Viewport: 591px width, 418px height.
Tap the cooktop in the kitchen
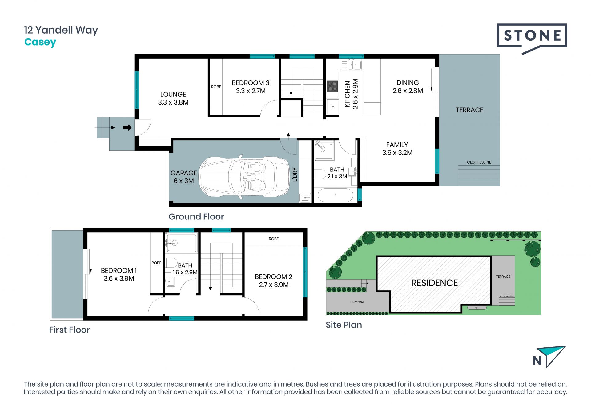click(332, 86)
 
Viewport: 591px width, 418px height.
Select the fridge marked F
click(332, 107)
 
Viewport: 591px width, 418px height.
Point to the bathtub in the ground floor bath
click(335, 195)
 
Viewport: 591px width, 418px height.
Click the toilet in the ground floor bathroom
click(320, 174)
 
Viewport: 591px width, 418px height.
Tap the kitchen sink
click(351, 65)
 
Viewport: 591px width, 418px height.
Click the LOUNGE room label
click(173, 94)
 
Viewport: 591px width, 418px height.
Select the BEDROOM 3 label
click(251, 83)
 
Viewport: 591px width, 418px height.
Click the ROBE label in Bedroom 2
click(274, 239)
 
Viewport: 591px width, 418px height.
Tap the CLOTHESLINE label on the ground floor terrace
click(479, 162)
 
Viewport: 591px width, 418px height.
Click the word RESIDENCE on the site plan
click(434, 283)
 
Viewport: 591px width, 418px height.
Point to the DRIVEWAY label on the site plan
click(357, 302)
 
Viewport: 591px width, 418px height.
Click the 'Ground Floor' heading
click(196, 217)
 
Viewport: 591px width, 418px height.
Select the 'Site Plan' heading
click(344, 325)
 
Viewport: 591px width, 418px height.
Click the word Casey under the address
click(40, 42)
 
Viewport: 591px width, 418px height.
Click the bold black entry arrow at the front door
click(127, 128)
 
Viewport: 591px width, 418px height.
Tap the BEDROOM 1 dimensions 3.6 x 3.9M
click(119, 278)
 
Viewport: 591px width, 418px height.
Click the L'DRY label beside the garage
click(295, 174)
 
